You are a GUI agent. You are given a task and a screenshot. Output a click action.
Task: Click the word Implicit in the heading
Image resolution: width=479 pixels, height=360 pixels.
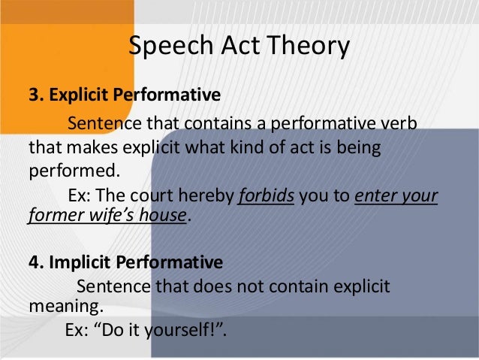point(78,263)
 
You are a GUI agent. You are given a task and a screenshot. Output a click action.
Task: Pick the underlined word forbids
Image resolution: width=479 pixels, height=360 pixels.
point(267,197)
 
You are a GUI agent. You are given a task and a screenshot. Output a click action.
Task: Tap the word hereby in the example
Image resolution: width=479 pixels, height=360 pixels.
point(205,197)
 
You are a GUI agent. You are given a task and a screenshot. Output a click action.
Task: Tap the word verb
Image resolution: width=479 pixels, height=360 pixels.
point(400,123)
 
